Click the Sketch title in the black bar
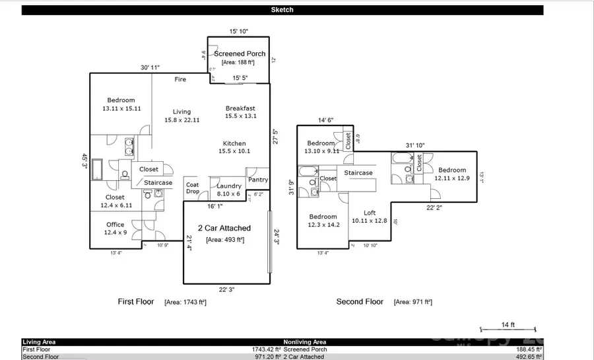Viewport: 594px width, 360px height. click(282, 10)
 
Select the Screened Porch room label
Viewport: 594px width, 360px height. click(239, 54)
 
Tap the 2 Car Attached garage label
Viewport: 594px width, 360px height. click(225, 228)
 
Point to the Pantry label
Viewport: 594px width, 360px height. click(258, 180)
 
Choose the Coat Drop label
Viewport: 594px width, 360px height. click(193, 188)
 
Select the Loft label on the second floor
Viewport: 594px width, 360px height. click(371, 213)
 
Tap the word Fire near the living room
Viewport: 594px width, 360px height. click(180, 79)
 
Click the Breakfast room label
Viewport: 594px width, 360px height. click(240, 108)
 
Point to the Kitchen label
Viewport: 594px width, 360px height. click(234, 143)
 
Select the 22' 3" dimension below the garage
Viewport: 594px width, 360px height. click(226, 289)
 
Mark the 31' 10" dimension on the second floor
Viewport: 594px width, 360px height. click(415, 145)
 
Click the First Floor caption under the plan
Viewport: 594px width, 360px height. click(136, 302)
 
